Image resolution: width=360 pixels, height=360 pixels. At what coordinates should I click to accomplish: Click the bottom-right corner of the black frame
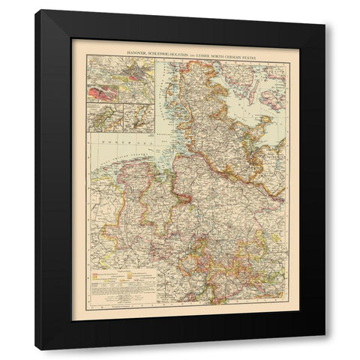click(x=324, y=349)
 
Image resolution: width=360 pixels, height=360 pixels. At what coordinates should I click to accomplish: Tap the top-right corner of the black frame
click(x=324, y=10)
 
